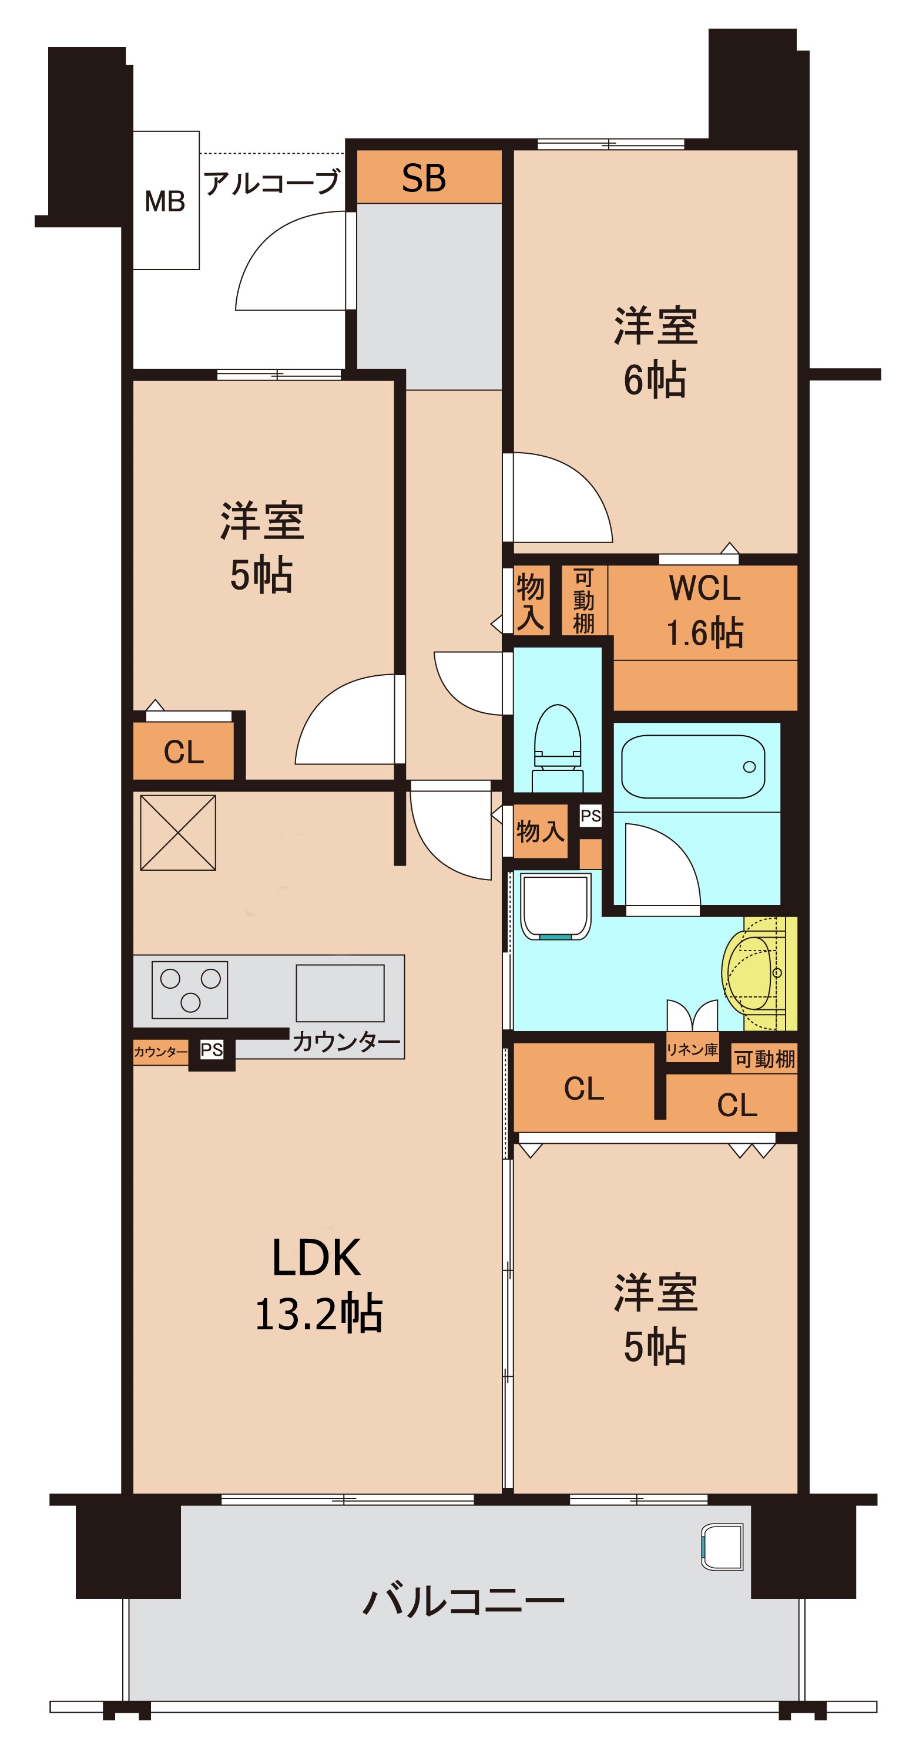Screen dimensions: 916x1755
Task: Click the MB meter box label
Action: [x=165, y=201]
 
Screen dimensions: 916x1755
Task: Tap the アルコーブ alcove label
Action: [x=272, y=183]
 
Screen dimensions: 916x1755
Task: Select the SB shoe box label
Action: [x=424, y=178]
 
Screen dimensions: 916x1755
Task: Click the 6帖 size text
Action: [x=655, y=380]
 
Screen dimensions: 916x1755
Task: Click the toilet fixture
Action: [x=558, y=747]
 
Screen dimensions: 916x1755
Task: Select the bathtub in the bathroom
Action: [x=693, y=766]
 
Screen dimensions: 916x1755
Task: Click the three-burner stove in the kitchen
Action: [x=189, y=990]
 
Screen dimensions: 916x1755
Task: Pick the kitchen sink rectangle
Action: [x=340, y=993]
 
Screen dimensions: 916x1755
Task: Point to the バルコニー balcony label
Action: [x=464, y=1601]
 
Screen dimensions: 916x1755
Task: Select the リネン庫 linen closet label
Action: [x=692, y=1050]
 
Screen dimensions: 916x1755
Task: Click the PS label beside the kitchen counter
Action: [x=212, y=1050]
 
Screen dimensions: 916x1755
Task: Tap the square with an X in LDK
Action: [x=178, y=833]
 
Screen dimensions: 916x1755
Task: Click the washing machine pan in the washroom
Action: [x=555, y=907]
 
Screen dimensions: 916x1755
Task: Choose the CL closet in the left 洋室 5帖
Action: [x=183, y=752]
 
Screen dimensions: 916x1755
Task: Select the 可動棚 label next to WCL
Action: [x=583, y=600]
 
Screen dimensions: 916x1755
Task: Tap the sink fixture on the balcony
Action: [x=723, y=1547]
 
